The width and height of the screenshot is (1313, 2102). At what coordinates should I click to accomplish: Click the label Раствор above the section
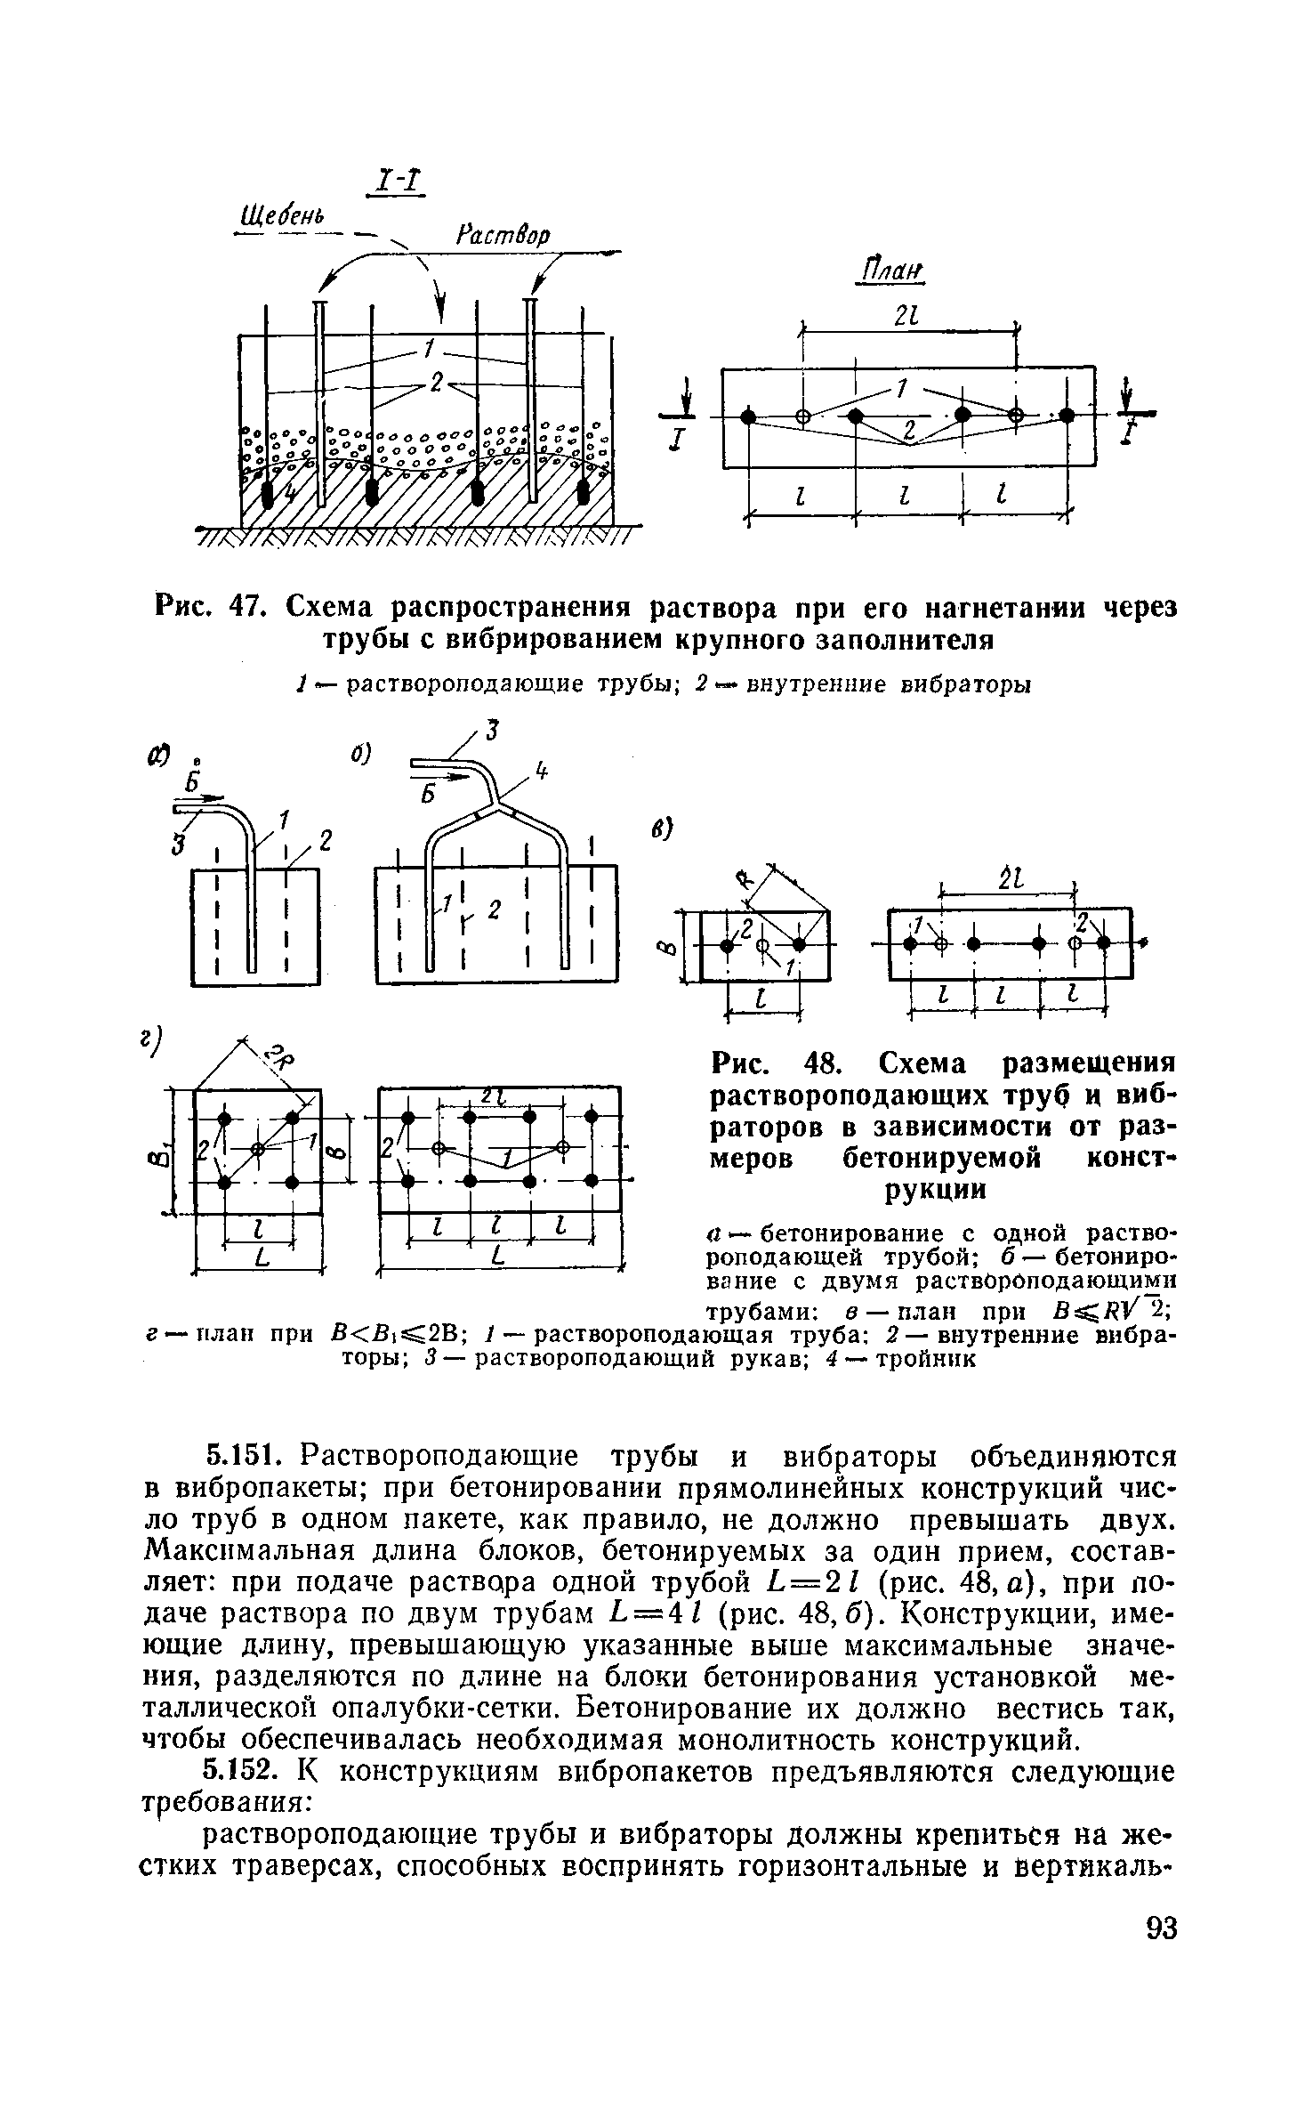tap(503, 235)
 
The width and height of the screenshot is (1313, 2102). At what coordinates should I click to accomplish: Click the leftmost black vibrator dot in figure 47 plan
tap(748, 416)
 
